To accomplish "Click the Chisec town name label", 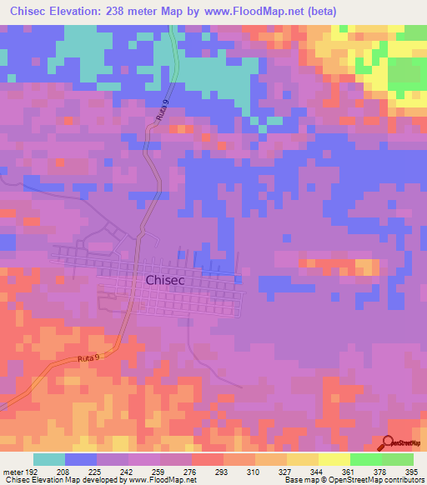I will tap(170, 281).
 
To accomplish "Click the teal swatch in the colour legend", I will tap(49, 460).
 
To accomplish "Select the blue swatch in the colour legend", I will tap(81, 460).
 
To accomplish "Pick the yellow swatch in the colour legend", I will tap(334, 460).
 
